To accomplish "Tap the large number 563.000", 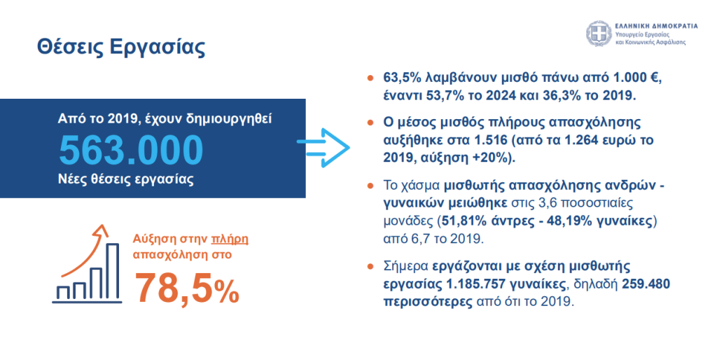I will [131, 148].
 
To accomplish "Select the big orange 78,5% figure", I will [186, 287].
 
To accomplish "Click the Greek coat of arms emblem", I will [599, 34].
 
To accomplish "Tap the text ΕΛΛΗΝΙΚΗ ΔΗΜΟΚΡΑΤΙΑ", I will [656, 25].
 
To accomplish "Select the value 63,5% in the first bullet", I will [403, 78].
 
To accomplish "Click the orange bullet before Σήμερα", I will [370, 267].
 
